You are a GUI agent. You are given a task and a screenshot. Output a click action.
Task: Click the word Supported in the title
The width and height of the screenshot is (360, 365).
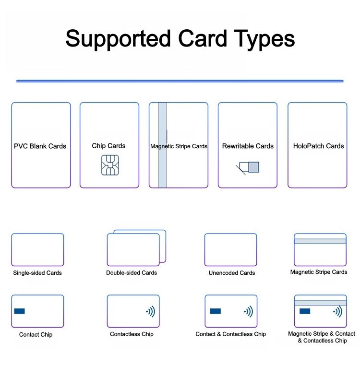tap(118, 39)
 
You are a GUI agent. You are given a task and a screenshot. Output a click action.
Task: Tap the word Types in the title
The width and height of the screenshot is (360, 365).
tap(264, 39)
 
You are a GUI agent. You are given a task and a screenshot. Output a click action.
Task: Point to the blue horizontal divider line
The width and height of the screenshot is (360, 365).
tap(180, 81)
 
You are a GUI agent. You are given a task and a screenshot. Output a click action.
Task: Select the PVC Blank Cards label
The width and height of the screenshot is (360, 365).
tap(40, 146)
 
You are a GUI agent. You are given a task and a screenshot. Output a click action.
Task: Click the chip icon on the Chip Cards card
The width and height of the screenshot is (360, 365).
tap(110, 165)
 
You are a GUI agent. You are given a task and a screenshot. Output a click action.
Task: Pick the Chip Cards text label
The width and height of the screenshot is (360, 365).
tap(108, 146)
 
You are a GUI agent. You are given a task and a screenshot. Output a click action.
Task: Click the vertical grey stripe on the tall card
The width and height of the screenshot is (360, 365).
tap(162, 145)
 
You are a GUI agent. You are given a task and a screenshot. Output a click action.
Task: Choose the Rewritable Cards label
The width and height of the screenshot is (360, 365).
tap(248, 146)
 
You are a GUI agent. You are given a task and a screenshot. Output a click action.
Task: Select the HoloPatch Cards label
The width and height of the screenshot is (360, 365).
tap(318, 146)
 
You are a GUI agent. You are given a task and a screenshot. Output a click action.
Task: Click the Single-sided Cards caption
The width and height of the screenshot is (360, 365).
tap(37, 273)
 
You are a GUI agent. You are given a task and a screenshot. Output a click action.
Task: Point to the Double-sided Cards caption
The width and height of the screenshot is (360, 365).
tap(132, 273)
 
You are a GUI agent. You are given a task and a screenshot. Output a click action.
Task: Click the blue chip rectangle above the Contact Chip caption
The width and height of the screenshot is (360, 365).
tap(19, 311)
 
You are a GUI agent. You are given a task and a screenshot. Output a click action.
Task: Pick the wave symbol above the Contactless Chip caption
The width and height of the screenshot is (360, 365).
tap(151, 311)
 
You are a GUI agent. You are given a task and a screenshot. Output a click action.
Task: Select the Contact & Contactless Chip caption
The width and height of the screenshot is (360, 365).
tap(231, 334)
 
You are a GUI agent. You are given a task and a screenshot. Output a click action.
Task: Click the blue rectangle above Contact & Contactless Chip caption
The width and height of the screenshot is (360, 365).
tap(216, 311)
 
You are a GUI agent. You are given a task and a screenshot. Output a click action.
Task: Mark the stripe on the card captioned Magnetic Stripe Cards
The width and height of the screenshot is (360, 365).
tap(320, 241)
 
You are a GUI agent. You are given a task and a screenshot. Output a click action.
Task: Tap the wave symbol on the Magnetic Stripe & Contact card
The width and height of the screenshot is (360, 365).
tap(337, 311)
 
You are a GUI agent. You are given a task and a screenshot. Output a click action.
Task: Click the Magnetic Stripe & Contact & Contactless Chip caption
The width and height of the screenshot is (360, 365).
tap(322, 337)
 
